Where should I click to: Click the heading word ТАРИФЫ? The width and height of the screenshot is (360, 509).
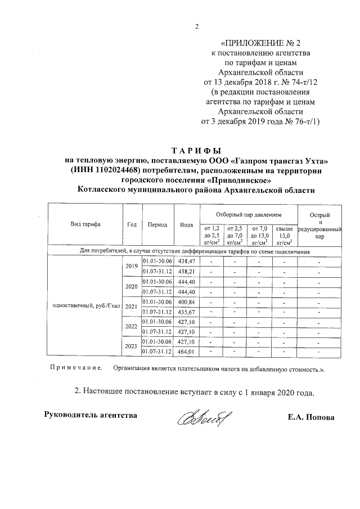196,151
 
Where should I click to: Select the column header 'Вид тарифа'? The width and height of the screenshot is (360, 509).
85,224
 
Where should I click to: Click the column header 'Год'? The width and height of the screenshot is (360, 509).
132,224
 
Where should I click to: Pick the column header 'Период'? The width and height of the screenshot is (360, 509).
157,224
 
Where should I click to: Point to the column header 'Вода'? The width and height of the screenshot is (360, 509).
186,224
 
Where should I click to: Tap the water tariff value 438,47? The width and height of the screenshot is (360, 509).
186,262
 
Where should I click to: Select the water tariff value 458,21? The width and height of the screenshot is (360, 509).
186,271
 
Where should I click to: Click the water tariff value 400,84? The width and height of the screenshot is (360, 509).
186,302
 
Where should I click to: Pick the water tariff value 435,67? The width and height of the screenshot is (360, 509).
186,312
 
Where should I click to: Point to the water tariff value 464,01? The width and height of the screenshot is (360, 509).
186,352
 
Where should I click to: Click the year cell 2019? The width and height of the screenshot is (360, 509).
132,266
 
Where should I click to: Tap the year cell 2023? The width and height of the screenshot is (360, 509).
132,347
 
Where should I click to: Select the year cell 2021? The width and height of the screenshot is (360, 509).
132,307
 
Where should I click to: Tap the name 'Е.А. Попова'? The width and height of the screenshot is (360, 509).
311,417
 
